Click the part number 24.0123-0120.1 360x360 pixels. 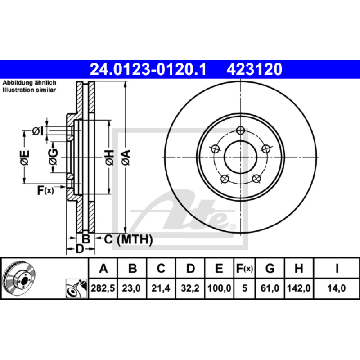pos(148,70)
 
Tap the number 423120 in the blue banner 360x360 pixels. pos(254,70)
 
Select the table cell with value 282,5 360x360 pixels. pos(103,288)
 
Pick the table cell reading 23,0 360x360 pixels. pos(131,288)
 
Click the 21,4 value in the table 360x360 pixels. pos(161,288)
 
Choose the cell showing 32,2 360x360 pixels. pos(190,288)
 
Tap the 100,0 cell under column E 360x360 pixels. pos(219,288)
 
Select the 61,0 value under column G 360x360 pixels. pos(270,288)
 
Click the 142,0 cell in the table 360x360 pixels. pos(299,288)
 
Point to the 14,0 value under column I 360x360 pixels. pos(336,288)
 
